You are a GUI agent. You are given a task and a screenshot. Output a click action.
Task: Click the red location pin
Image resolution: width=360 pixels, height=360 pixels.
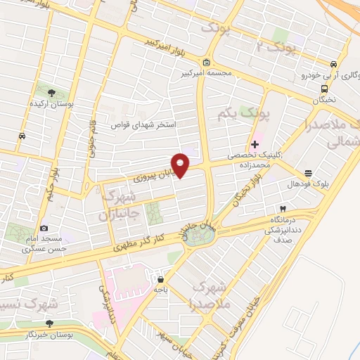pyautogui.click(x=181, y=165)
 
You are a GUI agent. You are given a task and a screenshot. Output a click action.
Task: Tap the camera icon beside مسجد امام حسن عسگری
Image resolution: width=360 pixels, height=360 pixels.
pyautogui.click(x=44, y=228)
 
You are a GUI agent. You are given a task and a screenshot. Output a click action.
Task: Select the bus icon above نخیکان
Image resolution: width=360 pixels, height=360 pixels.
pyautogui.click(x=324, y=89)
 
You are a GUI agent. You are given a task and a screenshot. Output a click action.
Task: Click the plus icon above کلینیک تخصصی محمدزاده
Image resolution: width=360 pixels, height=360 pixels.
pyautogui.click(x=255, y=144)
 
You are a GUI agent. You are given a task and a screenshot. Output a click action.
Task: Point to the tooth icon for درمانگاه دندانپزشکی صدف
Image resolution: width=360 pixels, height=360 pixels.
pyautogui.click(x=282, y=209)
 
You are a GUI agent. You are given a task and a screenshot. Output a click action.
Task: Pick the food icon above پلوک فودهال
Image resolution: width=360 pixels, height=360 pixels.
pyautogui.click(x=307, y=173)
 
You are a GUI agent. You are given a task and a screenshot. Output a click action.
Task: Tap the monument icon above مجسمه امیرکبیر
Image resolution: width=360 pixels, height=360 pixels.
pyautogui.click(x=205, y=62)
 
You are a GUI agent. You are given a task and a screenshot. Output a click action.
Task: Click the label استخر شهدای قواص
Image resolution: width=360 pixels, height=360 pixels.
pyautogui.click(x=145, y=124)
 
